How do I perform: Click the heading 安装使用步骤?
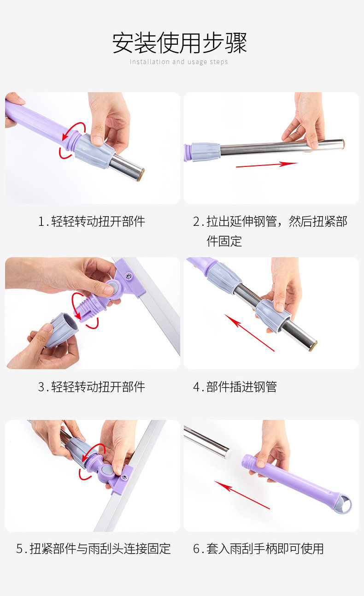180,43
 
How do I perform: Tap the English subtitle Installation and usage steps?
179,62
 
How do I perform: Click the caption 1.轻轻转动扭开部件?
92,221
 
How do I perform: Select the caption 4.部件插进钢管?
235,387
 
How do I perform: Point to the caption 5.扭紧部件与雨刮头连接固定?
94,549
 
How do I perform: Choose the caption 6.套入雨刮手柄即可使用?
258,549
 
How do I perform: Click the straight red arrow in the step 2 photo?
267,165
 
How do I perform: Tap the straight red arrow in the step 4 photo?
249,333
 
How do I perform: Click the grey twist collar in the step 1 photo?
94,151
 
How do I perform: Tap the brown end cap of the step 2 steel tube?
343,144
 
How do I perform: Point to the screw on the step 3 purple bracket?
129,276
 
